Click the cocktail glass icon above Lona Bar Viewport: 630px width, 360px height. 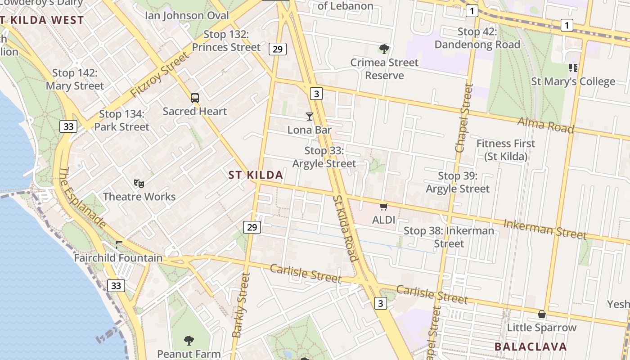pyautogui.click(x=310, y=117)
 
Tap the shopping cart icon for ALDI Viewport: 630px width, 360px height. pyautogui.click(x=383, y=207)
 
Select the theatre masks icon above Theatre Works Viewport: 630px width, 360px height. pyautogui.click(x=139, y=183)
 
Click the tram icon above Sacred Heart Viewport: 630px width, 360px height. pyautogui.click(x=195, y=98)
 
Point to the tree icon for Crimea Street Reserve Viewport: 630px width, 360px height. pyautogui.click(x=384, y=49)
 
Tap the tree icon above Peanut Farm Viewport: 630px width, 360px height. pyautogui.click(x=189, y=340)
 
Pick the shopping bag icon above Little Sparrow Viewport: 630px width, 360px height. pyautogui.click(x=542, y=314)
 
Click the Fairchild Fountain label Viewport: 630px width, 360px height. pyautogui.click(x=118, y=258)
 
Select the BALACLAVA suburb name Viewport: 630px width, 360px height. pyautogui.click(x=531, y=346)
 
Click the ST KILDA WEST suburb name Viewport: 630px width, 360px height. pyautogui.click(x=42, y=20)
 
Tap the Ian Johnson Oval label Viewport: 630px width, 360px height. pyautogui.click(x=187, y=15)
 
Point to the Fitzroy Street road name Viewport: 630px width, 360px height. pyautogui.click(x=160, y=74)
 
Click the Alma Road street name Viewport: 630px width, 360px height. pyautogui.click(x=545, y=125)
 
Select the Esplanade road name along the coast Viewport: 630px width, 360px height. pyautogui.click(x=82, y=198)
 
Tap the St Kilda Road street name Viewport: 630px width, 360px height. pyautogui.click(x=345, y=228)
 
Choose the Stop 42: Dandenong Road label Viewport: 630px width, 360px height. pyautogui.click(x=477, y=38)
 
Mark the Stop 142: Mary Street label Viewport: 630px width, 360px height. pyautogui.click(x=75, y=79)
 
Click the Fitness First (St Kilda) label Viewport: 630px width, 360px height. pyautogui.click(x=506, y=150)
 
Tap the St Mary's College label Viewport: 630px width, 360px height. pyautogui.click(x=573, y=81)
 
